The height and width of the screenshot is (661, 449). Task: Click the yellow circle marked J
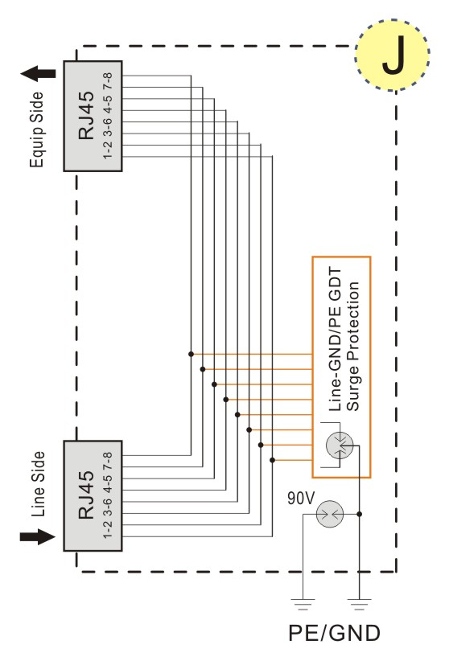[392, 55]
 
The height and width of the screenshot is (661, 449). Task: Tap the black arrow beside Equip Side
[38, 74]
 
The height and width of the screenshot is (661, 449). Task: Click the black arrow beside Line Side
[38, 536]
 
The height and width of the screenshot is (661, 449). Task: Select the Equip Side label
[37, 129]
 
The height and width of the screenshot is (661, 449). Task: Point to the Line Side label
[38, 484]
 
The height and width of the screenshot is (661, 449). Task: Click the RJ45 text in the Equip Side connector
[86, 116]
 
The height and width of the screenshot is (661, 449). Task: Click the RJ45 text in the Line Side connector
[86, 495]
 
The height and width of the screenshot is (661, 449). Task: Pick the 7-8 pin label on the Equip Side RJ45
[108, 80]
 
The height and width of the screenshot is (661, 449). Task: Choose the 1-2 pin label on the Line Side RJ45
[108, 529]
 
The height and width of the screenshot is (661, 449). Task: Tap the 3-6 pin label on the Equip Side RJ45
[108, 126]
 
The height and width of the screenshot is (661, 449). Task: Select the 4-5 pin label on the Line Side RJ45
[108, 483]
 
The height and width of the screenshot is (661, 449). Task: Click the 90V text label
[301, 499]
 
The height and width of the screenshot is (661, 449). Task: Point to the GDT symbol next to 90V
[330, 514]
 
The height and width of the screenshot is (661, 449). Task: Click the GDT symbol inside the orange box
[340, 445]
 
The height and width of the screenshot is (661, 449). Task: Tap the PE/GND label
[334, 633]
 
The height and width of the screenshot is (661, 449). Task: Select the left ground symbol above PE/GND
[303, 604]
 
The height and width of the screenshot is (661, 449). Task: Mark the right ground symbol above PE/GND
[359, 604]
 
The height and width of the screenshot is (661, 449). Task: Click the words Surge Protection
[352, 347]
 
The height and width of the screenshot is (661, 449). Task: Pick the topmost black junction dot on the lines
[192, 354]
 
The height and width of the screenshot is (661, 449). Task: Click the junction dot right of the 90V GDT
[359, 514]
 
